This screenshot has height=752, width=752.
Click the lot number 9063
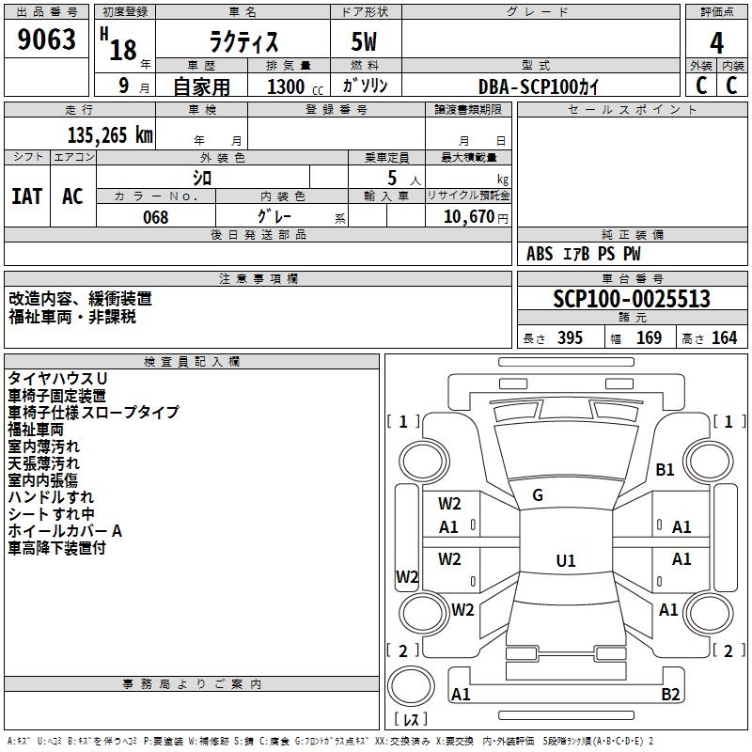(x=46, y=39)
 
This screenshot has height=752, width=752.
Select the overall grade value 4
(x=716, y=42)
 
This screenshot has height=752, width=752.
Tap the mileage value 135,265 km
(x=110, y=135)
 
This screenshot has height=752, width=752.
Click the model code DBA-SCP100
(x=526, y=86)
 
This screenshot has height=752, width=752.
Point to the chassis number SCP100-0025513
(x=632, y=299)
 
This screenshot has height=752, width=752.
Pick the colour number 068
(x=155, y=217)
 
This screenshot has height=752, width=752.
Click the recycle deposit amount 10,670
(x=468, y=216)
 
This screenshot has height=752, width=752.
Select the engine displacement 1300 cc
(x=295, y=86)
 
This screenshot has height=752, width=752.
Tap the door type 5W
(x=364, y=41)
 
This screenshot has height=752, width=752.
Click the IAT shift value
(x=27, y=196)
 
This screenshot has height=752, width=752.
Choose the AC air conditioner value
(x=72, y=196)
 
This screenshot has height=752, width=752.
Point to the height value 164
(x=724, y=337)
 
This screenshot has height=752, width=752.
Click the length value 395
(x=570, y=337)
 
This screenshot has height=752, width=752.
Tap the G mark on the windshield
(x=538, y=495)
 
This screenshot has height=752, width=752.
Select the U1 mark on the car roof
(x=566, y=560)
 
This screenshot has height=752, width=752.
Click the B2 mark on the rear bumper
(x=670, y=694)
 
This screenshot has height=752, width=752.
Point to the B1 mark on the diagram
(x=665, y=469)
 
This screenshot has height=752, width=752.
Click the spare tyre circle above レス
(x=411, y=685)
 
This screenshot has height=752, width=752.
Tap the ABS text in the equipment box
(x=540, y=254)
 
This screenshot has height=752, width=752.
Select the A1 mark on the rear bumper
(x=461, y=694)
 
